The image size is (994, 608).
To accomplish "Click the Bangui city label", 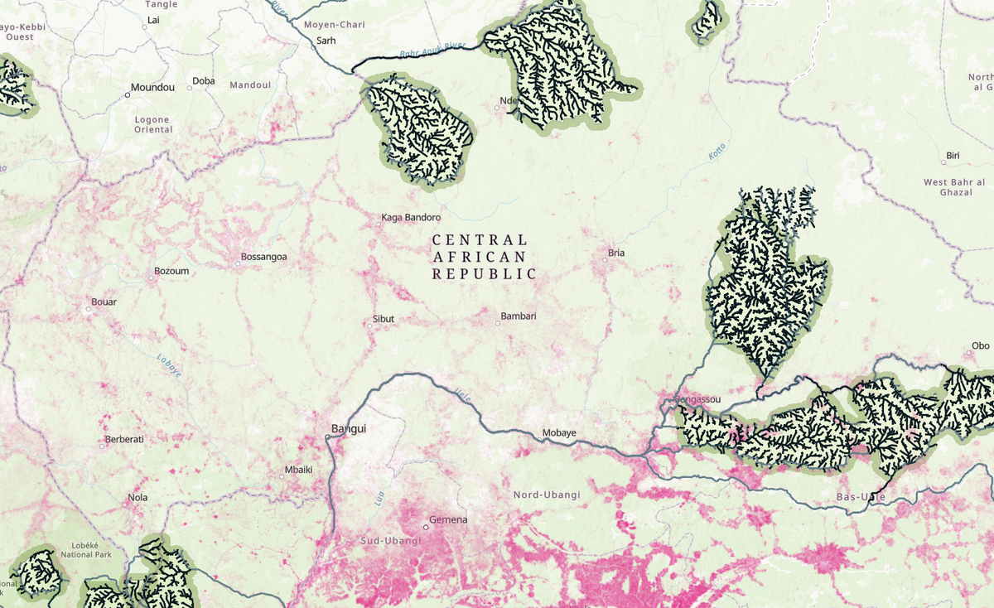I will pos(349,428).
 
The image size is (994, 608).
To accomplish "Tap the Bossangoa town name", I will pos(263,257).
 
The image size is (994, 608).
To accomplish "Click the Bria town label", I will pos(616,253).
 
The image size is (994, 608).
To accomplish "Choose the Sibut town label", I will pos(384,319).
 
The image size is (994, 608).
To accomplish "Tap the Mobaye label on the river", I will pos(558,433).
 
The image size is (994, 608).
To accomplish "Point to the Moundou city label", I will pos(153,87).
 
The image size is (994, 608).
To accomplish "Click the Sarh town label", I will pos(326,41).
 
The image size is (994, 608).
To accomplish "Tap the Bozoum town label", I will pos(171,271).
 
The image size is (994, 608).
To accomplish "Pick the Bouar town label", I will pos(104,302).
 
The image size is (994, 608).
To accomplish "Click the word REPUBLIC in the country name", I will pos(484,273).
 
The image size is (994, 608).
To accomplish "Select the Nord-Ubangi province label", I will pos(547,495).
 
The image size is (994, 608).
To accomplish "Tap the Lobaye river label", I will pos(169,365).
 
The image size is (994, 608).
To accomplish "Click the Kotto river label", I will pos(717,152).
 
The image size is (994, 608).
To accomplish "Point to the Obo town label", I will pos(981,345).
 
